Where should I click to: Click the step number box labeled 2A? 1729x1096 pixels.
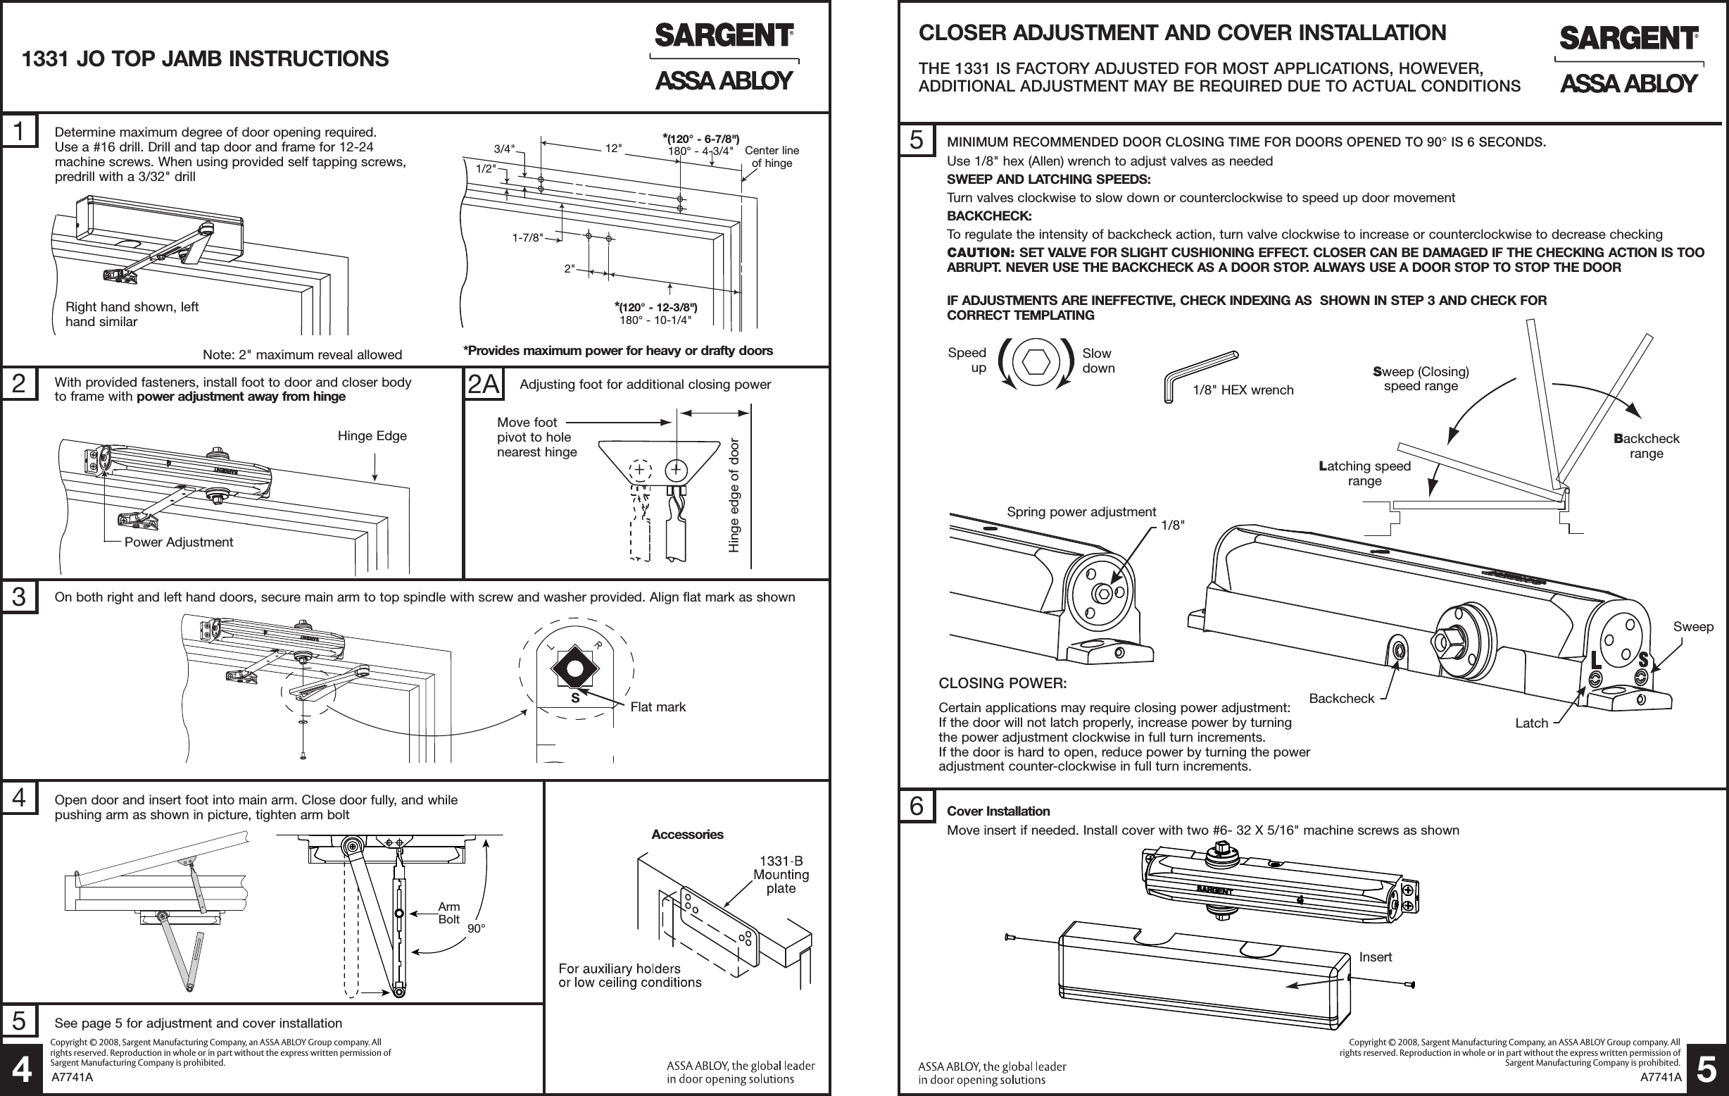coord(483,385)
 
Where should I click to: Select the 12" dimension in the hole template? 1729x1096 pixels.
coord(613,149)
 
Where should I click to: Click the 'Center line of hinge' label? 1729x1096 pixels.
coord(771,156)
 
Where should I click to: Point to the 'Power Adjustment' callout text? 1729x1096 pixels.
coord(179,542)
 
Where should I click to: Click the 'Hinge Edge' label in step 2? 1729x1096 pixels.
coord(372,436)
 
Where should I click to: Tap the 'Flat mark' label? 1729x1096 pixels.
coord(658,707)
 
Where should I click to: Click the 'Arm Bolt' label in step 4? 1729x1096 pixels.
coord(448,913)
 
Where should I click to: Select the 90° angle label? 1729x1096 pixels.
coord(476,928)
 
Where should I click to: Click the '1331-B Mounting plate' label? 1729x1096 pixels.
coord(781,875)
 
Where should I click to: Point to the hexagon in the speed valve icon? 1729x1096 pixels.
coord(1036,363)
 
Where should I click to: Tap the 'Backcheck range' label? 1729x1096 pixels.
coord(1647,446)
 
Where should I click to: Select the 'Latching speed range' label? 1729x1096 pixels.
coord(1364,473)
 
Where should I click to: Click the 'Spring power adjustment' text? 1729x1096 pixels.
coord(1081,512)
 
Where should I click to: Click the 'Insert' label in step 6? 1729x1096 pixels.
coord(1375,957)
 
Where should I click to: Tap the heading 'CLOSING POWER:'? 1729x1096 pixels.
coord(1002,683)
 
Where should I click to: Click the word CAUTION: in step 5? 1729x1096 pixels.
coord(980,253)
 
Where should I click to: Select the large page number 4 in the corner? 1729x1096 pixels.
coord(22,1071)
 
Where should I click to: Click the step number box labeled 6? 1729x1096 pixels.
coord(916,806)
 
